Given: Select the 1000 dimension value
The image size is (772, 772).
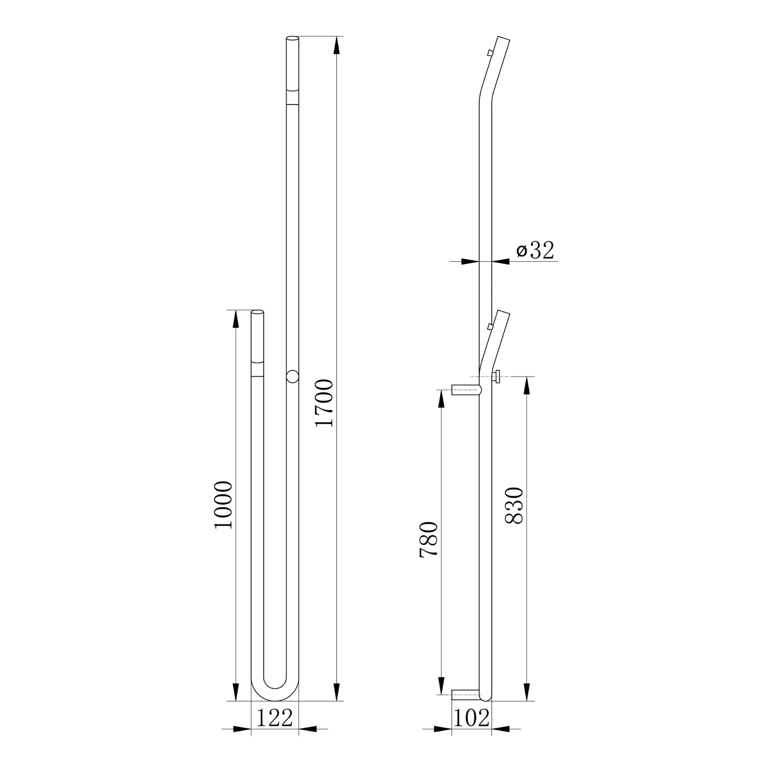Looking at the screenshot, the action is pos(223,505).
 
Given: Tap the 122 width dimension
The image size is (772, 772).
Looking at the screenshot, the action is pos(275,717).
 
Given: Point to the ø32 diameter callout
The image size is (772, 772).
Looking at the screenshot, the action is pos(535,250).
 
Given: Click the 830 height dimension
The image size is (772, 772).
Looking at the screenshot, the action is pos(514,505).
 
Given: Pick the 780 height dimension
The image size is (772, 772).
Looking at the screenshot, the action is pos(428,539).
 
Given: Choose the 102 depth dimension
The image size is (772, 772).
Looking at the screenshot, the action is pos(472,717).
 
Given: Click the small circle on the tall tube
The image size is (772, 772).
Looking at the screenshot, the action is pos(292,377).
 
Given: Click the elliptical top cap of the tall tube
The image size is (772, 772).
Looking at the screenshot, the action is pos(292,38).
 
